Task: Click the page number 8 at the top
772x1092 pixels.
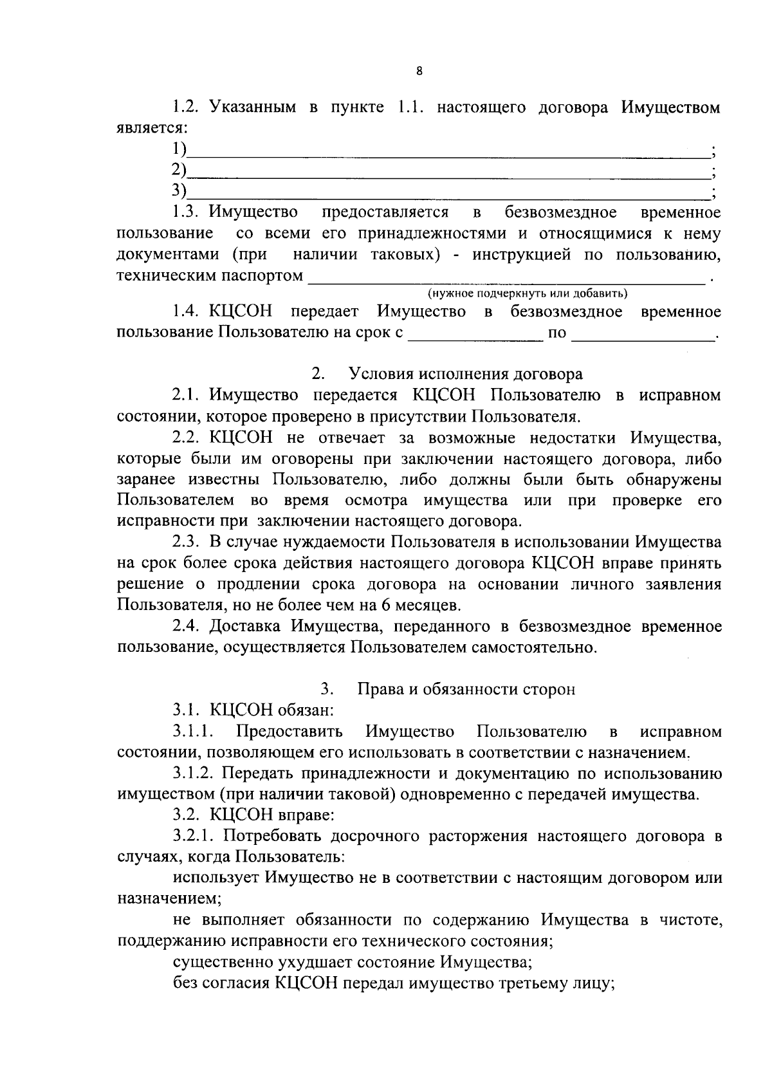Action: [419, 71]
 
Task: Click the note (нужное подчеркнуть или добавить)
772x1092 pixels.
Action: [528, 294]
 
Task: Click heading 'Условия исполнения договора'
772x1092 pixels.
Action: [465, 374]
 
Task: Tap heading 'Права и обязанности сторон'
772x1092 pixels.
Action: [466, 689]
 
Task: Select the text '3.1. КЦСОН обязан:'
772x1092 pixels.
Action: [253, 710]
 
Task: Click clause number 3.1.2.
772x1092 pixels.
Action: [192, 773]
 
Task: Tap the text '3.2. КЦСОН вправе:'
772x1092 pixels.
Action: [253, 815]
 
